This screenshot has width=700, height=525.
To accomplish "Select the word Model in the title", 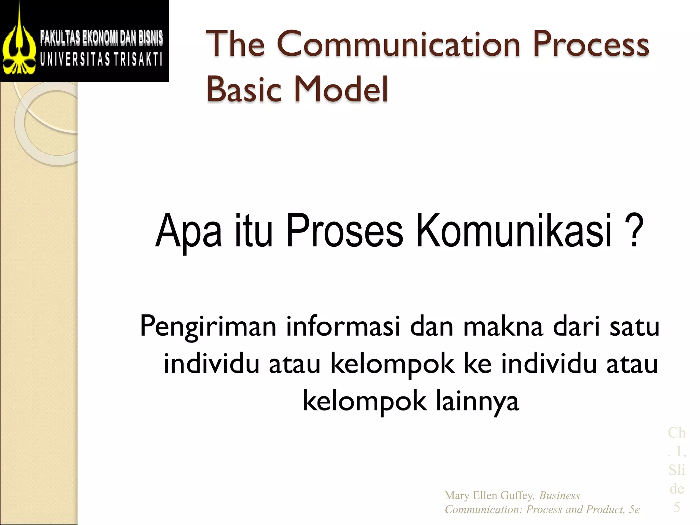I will [x=340, y=89].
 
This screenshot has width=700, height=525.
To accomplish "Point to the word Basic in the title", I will [x=243, y=89].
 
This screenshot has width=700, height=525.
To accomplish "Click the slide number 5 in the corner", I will [x=676, y=507].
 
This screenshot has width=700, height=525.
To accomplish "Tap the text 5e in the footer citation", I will [x=634, y=510].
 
